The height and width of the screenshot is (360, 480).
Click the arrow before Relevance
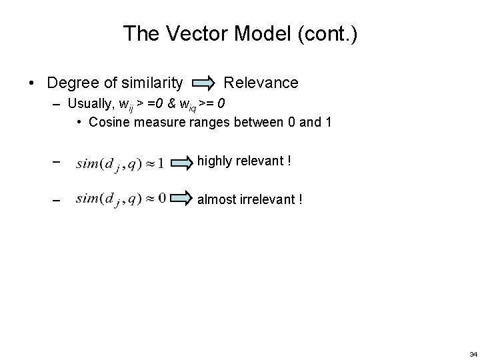tap(203, 83)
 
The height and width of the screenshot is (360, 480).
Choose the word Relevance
tap(261, 83)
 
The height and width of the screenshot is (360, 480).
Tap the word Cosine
tap(109, 122)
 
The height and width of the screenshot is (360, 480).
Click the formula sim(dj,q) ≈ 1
tap(120, 162)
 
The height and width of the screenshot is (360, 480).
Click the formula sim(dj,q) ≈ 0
tap(121, 198)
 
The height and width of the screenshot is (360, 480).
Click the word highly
tap(214, 161)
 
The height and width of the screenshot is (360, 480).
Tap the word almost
tap(217, 199)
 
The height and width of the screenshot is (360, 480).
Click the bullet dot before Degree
tap(31, 83)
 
